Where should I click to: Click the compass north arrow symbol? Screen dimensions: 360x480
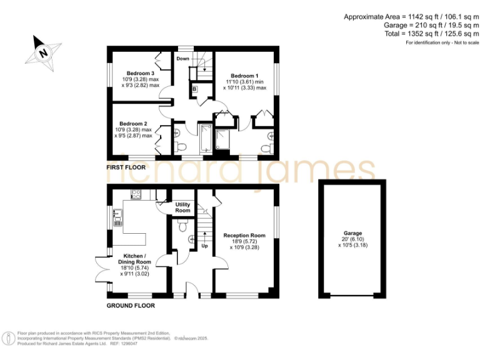tap(43, 52)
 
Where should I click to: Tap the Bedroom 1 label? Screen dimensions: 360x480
tap(245, 75)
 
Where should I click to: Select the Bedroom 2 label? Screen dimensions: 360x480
tap(133, 123)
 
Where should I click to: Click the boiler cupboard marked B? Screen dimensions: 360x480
tap(195, 89)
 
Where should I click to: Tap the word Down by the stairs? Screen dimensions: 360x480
tap(182, 59)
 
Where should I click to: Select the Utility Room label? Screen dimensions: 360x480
tap(182, 207)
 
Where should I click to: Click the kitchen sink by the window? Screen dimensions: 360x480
tap(117, 218)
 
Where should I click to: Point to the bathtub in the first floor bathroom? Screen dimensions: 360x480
tap(205, 139)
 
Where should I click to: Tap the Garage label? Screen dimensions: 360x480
tap(353, 233)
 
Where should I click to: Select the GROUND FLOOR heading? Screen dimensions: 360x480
tap(131, 306)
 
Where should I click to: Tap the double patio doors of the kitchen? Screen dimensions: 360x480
tap(100, 271)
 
